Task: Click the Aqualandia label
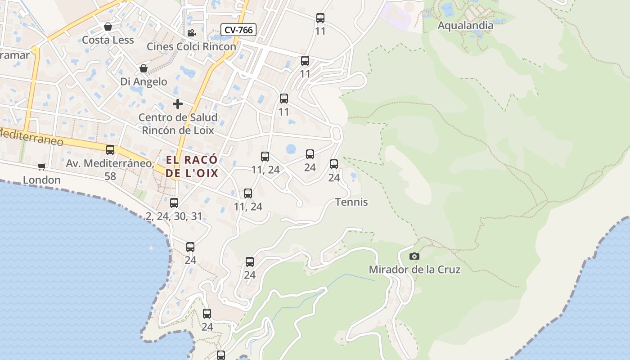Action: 465,25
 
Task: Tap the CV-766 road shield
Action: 238,30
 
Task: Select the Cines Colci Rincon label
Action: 191,46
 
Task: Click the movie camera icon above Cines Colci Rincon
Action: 191,33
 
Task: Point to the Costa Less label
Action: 108,40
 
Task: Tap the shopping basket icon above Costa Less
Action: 108,27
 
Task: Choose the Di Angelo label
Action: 144,81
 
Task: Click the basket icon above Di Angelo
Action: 144,68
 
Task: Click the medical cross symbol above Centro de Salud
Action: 178,104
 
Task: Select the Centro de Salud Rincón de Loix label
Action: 178,124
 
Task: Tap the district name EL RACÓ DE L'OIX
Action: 192,166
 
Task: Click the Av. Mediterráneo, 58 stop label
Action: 110,169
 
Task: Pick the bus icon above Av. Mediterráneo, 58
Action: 110,150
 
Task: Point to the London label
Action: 42,180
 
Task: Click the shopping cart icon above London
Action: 42,167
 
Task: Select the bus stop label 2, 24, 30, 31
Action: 174,216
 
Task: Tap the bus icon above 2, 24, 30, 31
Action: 174,203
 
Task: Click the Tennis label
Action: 351,202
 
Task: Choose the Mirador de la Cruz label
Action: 414,270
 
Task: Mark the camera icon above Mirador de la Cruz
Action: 414,256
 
